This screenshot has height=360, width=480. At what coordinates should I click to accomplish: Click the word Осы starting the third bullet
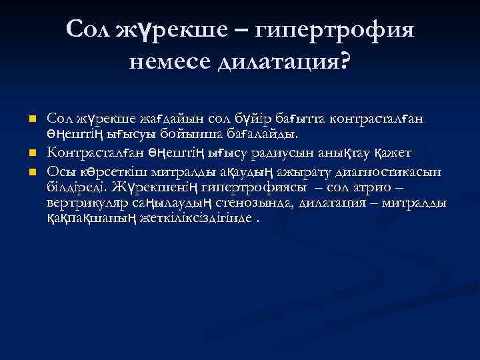[59, 169]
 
